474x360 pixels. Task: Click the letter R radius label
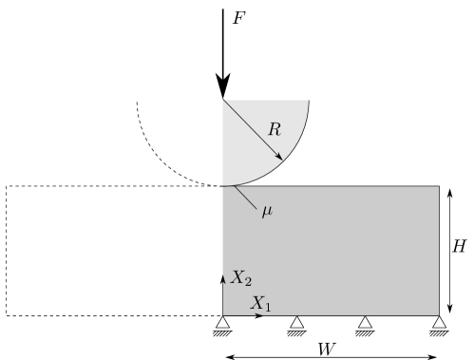(274, 130)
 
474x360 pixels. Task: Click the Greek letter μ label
(267, 211)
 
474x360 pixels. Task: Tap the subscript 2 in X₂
(248, 282)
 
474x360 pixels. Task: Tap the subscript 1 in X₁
(267, 308)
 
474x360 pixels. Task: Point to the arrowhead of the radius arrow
(279, 157)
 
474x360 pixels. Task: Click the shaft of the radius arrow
(252, 129)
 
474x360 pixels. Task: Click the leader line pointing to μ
(245, 197)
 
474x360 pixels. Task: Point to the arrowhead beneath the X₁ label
(259, 314)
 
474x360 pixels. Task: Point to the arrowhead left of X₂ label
(223, 278)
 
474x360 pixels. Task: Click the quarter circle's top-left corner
(222, 100)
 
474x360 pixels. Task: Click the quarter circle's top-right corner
(309, 100)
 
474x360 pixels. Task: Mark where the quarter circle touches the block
(223, 186)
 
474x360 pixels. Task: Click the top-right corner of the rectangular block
(439, 186)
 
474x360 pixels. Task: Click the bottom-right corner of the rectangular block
(439, 314)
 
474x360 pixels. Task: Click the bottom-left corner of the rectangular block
(222, 314)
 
